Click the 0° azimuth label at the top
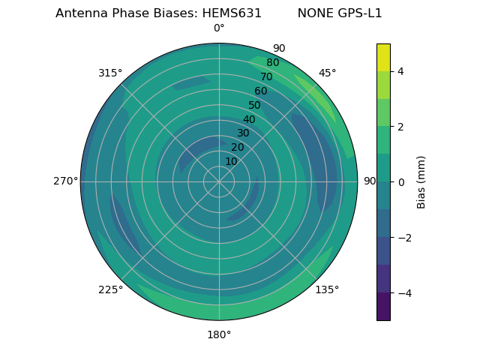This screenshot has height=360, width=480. click(x=219, y=28)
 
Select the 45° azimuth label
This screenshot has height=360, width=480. click(x=327, y=73)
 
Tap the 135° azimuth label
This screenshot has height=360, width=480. click(x=327, y=289)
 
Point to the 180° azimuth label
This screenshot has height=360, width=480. click(x=219, y=334)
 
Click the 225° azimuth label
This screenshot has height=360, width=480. click(x=110, y=289)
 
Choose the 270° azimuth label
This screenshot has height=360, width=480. click(x=65, y=181)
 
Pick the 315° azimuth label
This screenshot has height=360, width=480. click(x=110, y=73)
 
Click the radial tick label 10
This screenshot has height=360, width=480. click(x=231, y=161)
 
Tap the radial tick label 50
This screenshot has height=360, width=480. click(x=254, y=106)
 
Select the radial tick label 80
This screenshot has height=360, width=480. click(x=272, y=62)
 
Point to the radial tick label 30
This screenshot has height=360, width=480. click(x=243, y=133)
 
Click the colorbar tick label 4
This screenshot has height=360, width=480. click(x=400, y=71)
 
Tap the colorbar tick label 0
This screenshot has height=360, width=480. click(x=400, y=182)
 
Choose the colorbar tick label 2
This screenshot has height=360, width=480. click(x=400, y=127)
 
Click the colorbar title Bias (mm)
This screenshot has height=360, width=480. click(x=421, y=181)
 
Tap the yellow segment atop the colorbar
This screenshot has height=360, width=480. click(x=383, y=57)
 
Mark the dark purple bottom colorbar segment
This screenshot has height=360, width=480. click(x=383, y=307)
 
